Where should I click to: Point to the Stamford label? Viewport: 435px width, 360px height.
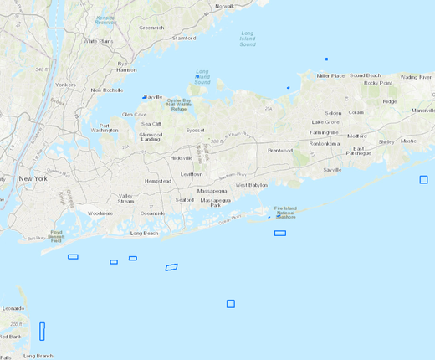coord(184,38)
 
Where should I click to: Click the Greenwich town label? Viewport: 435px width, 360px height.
coord(151,27)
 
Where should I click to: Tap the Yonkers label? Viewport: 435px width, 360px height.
coord(65,85)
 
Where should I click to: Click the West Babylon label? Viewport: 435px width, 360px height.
coord(251,185)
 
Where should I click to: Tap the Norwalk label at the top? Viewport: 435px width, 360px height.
coord(225,6)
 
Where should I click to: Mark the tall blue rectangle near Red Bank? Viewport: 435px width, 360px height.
coord(42,331)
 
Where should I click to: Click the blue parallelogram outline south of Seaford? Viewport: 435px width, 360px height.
coord(171,267)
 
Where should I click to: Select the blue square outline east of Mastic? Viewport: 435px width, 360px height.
coord(423,179)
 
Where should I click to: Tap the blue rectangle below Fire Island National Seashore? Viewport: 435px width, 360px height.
coord(280,233)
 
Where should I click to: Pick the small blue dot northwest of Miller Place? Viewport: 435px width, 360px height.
coord(326,59)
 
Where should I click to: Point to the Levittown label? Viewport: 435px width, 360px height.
coord(192,174)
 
